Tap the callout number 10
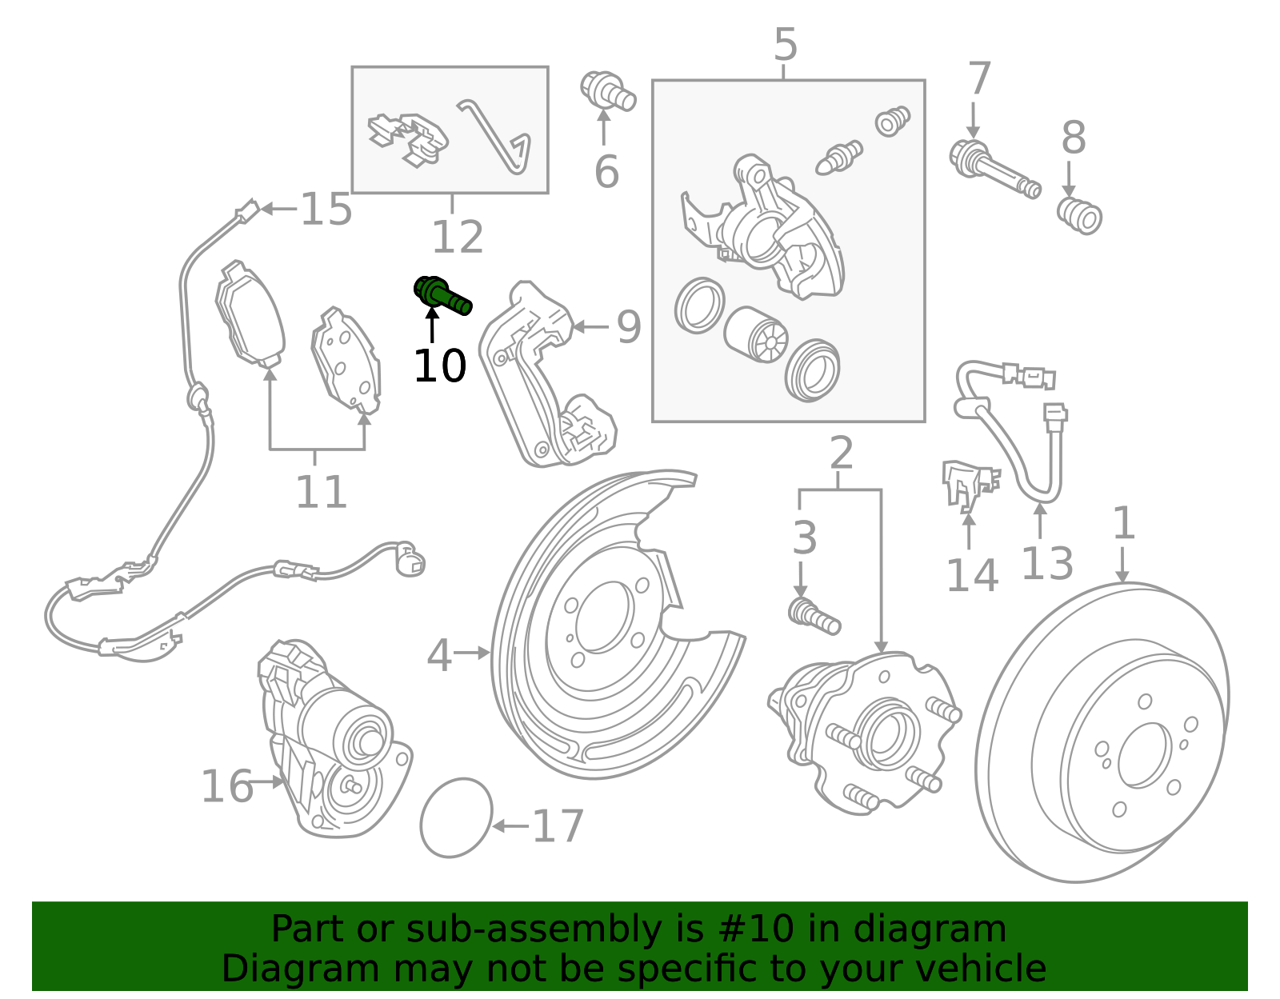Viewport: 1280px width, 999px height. [x=439, y=366]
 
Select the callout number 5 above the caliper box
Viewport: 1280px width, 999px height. [x=785, y=45]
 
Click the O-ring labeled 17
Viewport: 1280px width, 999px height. [x=456, y=817]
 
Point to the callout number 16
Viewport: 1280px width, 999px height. [x=226, y=786]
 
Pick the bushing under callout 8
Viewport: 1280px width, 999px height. [x=1079, y=214]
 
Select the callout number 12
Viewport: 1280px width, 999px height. [x=457, y=237]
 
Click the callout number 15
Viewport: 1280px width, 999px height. [x=326, y=210]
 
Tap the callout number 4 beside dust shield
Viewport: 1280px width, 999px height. [x=439, y=655]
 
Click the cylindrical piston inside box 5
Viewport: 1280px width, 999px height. [x=755, y=334]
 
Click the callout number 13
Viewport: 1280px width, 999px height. [x=1046, y=563]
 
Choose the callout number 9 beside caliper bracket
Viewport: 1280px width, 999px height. [x=629, y=327]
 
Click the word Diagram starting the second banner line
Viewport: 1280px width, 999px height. [x=269, y=969]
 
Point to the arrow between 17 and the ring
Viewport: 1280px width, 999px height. [x=510, y=826]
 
